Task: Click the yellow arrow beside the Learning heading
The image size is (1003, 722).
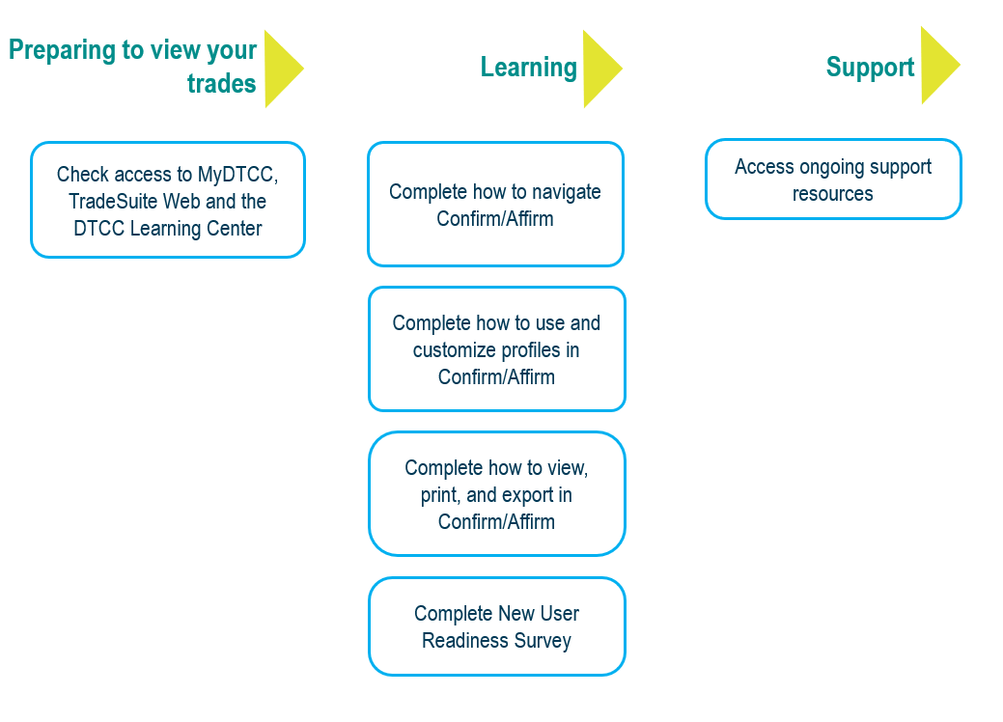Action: (599, 68)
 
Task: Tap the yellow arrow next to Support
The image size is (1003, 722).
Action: (936, 65)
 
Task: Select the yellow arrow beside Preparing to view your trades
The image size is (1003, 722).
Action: (280, 69)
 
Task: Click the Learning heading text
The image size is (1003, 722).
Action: (528, 68)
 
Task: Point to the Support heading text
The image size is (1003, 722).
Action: (870, 68)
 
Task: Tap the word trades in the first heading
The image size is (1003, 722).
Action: (221, 84)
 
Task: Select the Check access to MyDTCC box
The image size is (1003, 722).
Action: (168, 201)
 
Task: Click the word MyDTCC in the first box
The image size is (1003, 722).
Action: (237, 175)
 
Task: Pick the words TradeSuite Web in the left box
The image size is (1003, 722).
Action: (134, 202)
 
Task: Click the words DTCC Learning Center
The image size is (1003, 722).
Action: (168, 229)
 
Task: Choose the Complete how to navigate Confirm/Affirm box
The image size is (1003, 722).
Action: (495, 205)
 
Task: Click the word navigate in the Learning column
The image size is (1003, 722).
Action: (561, 192)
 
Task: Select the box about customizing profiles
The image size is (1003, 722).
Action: (496, 349)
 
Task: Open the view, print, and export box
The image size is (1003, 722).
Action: (496, 494)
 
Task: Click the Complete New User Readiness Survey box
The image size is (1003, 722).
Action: (496, 626)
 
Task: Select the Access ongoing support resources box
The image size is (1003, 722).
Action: (832, 180)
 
